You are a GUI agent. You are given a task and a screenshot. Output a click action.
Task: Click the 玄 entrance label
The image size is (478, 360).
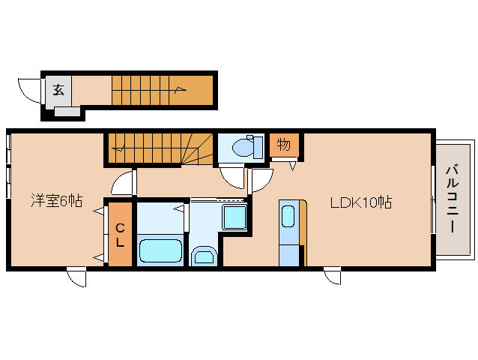[58, 90]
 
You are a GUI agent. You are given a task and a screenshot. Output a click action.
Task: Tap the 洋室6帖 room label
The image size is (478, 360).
[57, 201]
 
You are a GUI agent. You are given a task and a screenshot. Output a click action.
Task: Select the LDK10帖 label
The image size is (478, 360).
[361, 202]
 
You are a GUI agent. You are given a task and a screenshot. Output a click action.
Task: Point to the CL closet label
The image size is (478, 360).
[120, 235]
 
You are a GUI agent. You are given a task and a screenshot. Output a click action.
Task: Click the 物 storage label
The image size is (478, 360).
[283, 144]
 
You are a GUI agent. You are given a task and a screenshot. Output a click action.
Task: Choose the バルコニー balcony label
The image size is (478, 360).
[453, 199]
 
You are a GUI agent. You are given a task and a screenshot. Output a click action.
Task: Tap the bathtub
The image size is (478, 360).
[160, 250]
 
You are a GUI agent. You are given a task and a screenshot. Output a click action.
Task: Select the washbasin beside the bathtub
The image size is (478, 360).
[204, 256]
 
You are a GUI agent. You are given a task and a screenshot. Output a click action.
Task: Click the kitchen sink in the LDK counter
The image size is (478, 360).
[288, 216]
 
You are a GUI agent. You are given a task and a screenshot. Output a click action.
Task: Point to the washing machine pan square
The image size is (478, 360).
[235, 217]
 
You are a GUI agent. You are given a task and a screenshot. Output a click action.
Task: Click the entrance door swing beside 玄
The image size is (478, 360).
[29, 91]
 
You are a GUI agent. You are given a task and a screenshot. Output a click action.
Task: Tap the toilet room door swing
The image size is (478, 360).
[232, 177]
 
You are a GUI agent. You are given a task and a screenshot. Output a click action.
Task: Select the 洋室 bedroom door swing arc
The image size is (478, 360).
[123, 182]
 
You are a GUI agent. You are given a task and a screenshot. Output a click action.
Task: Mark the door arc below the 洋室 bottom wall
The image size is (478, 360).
[76, 277]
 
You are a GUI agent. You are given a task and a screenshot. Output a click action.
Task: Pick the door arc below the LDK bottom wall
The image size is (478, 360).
[333, 276]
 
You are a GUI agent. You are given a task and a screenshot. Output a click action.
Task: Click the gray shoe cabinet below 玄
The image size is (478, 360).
[67, 111]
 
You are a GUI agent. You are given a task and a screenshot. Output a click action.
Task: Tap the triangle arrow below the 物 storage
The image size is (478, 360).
[293, 166]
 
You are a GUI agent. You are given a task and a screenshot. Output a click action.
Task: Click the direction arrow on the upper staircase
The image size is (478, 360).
[181, 90]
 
